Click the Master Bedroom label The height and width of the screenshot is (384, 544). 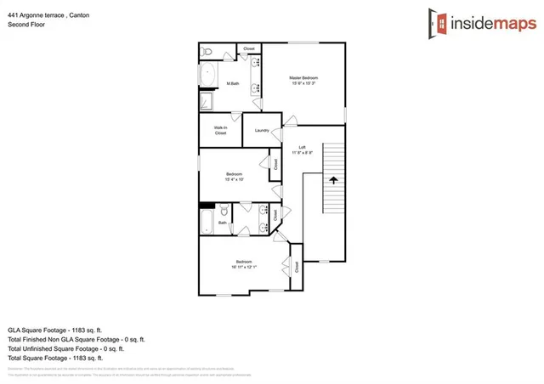point(303,78)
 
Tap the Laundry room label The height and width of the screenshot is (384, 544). point(262,131)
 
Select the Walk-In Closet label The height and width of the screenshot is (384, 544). point(220,131)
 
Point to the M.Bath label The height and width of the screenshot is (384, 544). point(231,83)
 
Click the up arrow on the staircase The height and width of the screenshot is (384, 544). point(332,180)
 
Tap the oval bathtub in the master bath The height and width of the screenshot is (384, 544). point(208,75)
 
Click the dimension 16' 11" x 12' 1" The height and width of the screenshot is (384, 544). point(243,266)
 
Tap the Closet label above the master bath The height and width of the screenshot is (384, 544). point(249,49)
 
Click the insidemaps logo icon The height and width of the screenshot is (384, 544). point(438,24)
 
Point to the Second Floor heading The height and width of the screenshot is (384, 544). point(25,25)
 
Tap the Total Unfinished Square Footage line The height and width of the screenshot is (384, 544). point(65,348)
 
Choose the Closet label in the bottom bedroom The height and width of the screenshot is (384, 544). point(297,266)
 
